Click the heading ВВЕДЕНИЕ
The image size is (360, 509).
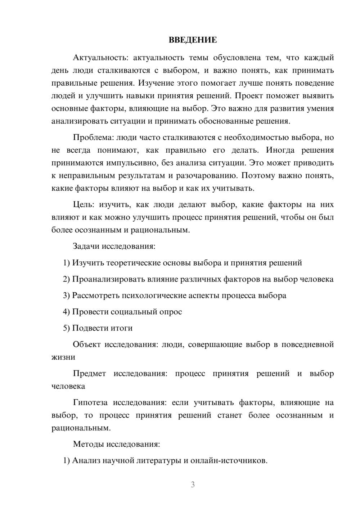click(193, 40)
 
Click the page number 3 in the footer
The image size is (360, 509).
click(193, 485)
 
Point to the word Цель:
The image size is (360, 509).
click(84, 205)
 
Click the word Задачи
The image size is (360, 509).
click(86, 247)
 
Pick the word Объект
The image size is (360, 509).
click(87, 344)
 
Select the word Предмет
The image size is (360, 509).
click(89, 374)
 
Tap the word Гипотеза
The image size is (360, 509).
click(91, 403)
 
